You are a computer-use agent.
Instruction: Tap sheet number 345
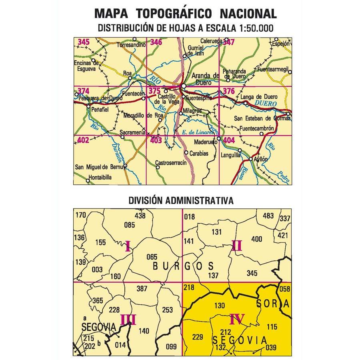[x=84, y=42]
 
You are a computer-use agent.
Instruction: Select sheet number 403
[x=156, y=140]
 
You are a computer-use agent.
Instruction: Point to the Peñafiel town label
[x=100, y=109]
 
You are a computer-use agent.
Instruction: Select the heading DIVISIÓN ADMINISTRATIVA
[x=181, y=200]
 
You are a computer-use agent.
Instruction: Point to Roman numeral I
[x=128, y=247]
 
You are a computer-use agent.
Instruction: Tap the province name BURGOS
[x=183, y=266]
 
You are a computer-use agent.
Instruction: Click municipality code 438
[x=140, y=216]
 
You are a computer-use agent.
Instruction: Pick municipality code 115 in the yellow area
[x=272, y=327]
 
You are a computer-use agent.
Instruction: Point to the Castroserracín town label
[x=171, y=163]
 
